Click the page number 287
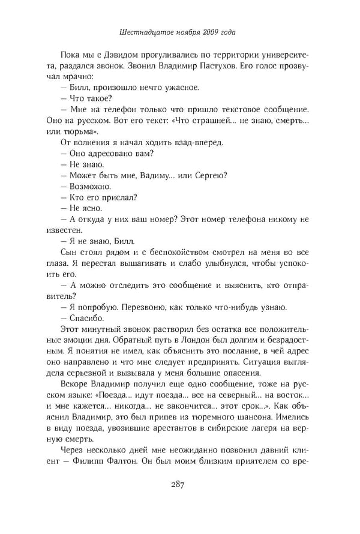pos(180,485)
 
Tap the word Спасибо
pos(88,318)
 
